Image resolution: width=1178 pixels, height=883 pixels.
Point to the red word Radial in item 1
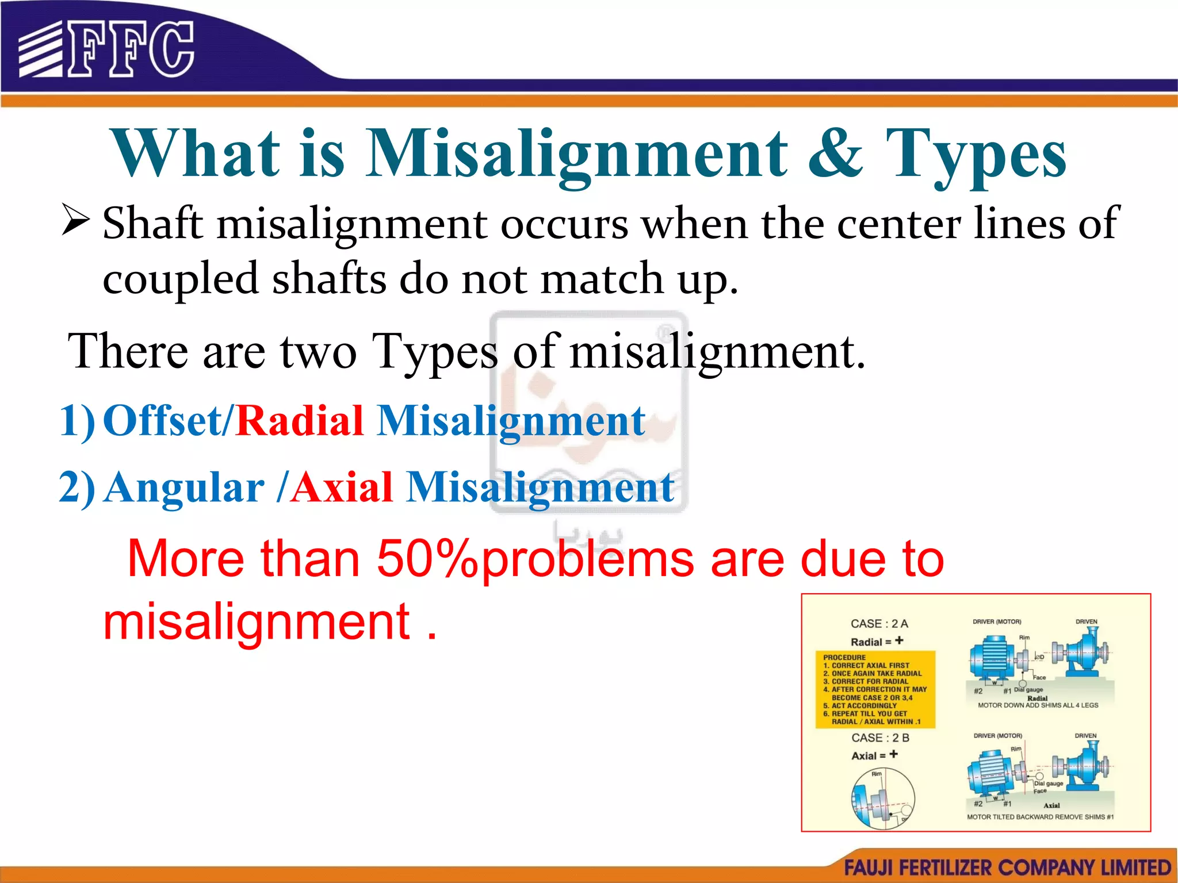click(300, 421)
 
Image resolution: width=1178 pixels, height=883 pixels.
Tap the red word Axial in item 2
click(342, 487)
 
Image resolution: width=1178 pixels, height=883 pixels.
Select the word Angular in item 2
click(185, 487)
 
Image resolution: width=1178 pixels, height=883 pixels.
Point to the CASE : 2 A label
click(879, 624)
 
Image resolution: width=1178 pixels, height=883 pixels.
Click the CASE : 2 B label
click(880, 738)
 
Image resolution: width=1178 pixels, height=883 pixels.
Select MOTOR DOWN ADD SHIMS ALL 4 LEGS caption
click(1038, 705)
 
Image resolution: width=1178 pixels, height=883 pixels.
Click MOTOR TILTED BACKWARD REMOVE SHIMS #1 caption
click(1040, 817)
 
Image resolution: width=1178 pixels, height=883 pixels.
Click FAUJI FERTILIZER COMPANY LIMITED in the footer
click(1007, 867)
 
